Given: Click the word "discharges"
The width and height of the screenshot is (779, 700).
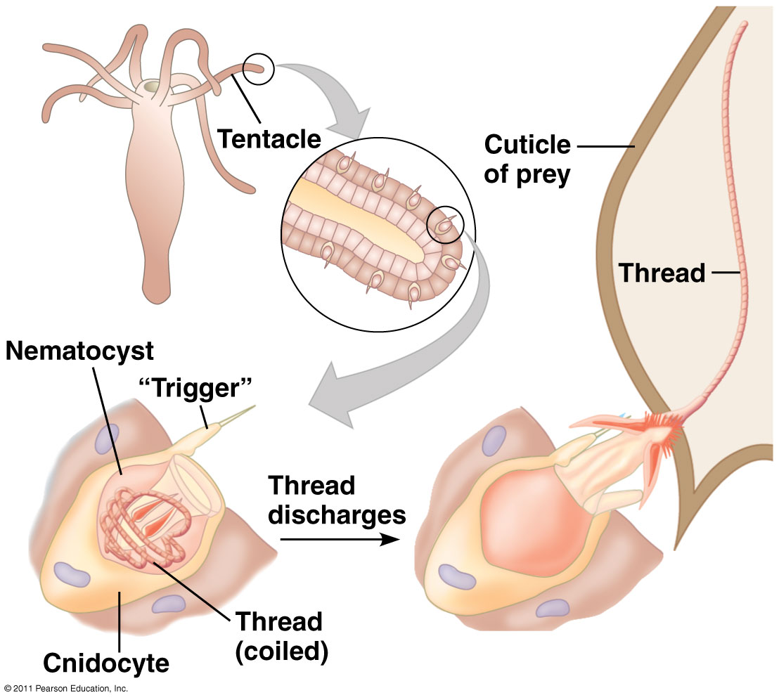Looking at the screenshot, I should click(337, 514).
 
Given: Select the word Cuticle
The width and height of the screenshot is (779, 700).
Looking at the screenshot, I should click(527, 145).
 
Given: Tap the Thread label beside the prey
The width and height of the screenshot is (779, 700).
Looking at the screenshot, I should click(662, 272).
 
